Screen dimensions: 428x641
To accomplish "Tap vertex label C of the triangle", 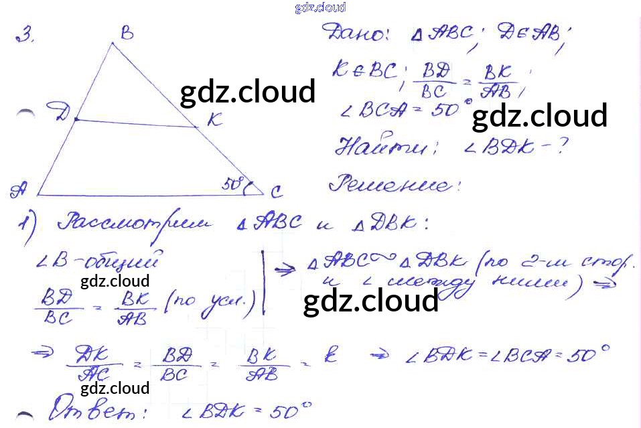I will [276, 193].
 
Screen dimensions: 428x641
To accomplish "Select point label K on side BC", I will [214, 120].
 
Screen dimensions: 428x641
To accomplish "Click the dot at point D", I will [76, 120].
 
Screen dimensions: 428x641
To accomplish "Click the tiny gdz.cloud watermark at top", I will [319, 8].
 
